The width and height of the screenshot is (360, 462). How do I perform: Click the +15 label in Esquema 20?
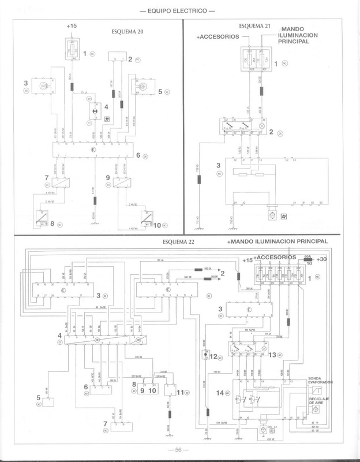(72, 27)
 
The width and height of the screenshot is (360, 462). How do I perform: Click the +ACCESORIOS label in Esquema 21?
(217, 36)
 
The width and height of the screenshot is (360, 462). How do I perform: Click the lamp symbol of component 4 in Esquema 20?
(90, 109)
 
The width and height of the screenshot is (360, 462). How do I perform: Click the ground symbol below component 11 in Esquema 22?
(171, 434)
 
